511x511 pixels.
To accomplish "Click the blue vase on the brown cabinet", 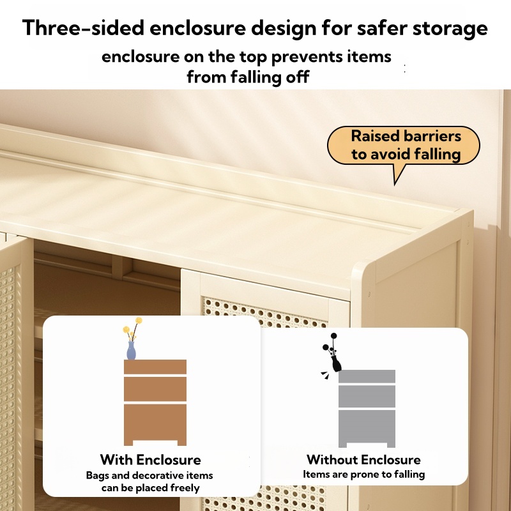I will [132, 350].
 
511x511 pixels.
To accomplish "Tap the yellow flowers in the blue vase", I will [132, 329].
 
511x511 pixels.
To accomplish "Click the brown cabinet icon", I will [155, 402].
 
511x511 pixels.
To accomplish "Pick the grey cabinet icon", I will [367, 409].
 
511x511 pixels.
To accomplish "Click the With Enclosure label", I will [150, 460].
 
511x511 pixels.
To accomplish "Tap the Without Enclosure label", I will [363, 460].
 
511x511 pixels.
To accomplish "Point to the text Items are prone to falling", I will [363, 475].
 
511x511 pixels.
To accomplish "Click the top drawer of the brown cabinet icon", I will [155, 367].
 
